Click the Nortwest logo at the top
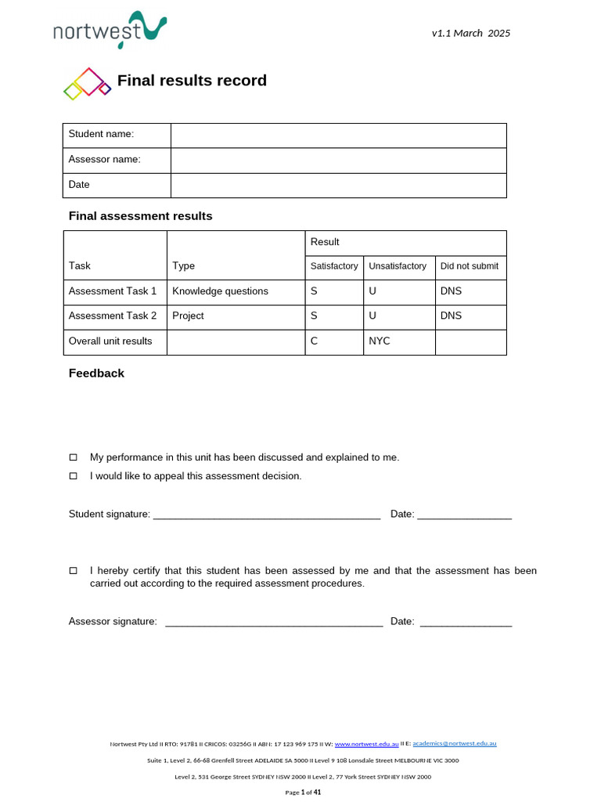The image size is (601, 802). pos(110,31)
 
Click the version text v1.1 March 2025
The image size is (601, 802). pos(470,33)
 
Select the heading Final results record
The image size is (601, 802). pos(192,81)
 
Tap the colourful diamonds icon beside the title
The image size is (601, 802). pos(87,84)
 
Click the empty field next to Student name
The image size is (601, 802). pos(338,135)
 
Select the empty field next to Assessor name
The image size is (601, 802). pos(338,160)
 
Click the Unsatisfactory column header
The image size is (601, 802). pos(398,266)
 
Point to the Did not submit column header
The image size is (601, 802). pos(470,266)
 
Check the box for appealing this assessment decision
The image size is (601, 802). pos(74,476)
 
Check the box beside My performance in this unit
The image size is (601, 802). pos(74,457)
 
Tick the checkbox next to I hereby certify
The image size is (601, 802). pos(74,571)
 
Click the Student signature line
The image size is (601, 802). pos(266,515)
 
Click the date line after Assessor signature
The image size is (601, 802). pos(466,623)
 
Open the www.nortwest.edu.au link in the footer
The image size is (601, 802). pos(366,744)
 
